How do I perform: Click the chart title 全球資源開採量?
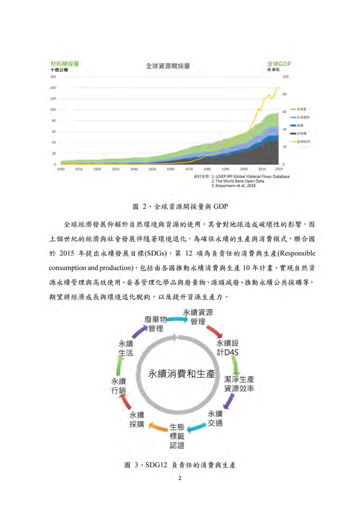tap(168, 66)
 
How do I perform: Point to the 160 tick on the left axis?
tap(53, 77)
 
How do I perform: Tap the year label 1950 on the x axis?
tap(152, 169)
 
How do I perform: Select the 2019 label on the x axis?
tap(278, 169)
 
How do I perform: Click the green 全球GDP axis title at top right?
tap(279, 64)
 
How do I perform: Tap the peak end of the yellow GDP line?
tap(279, 88)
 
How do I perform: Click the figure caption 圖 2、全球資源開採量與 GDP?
tap(180, 207)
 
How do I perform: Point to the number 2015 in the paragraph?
tap(67, 253)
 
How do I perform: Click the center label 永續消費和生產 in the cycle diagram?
tap(181, 374)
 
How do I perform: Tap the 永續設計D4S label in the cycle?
tap(228, 348)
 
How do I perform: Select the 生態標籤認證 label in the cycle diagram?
tap(177, 436)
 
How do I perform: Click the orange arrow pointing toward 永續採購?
tap(158, 427)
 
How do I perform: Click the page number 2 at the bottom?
tap(180, 478)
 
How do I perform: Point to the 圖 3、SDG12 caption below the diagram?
tap(180, 465)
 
